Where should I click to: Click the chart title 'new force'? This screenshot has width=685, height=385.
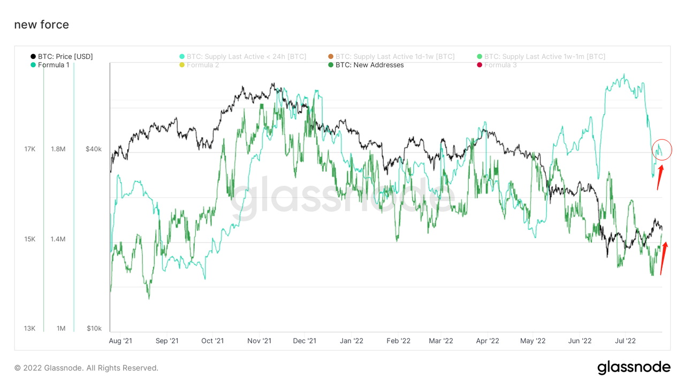click(x=41, y=25)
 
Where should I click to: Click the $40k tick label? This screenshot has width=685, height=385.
click(x=94, y=149)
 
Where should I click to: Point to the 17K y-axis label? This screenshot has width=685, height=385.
click(x=30, y=149)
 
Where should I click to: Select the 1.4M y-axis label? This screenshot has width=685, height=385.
click(x=58, y=238)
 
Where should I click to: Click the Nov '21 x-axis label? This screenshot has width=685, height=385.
click(x=260, y=341)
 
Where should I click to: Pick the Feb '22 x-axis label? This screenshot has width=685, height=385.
click(x=398, y=341)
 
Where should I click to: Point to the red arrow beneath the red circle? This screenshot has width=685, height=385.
click(x=660, y=178)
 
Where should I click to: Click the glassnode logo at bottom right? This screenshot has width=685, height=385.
click(x=634, y=367)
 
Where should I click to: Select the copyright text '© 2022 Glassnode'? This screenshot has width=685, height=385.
click(x=86, y=368)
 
